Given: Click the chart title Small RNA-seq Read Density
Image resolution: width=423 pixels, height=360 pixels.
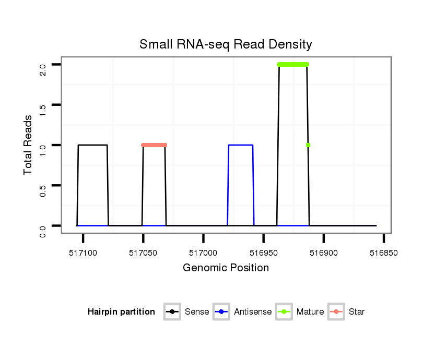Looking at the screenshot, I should (x=226, y=44).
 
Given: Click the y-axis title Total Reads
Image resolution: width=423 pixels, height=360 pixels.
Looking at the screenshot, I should (x=29, y=145).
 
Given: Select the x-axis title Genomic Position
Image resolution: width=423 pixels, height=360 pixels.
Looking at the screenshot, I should (x=226, y=268).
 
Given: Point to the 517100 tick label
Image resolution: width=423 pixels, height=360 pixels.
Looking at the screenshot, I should (x=83, y=253).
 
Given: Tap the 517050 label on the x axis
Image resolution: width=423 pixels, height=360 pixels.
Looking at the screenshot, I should (x=143, y=253).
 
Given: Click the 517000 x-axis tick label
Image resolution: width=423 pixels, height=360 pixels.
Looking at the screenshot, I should (x=203, y=253).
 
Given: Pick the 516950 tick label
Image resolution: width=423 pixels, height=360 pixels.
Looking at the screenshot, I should (x=263, y=253).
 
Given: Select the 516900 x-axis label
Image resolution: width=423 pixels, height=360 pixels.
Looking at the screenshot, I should (x=323, y=253).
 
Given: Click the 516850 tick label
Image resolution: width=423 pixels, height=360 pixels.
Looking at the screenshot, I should (x=384, y=253).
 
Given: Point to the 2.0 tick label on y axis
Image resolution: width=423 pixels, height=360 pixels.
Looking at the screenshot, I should (x=43, y=65).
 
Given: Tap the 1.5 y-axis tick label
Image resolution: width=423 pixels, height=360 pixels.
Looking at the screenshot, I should (x=43, y=105).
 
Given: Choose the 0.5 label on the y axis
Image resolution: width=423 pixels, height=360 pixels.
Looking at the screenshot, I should (x=43, y=185).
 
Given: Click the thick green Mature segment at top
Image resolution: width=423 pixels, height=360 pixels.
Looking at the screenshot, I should (x=293, y=64).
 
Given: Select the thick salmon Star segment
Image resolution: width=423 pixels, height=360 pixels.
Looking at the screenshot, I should (x=154, y=145).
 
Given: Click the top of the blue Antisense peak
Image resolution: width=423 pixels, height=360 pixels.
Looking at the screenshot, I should (x=241, y=145).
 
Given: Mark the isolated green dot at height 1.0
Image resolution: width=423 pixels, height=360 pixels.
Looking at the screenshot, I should (x=308, y=145).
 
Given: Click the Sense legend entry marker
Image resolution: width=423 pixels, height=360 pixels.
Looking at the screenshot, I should (x=172, y=312).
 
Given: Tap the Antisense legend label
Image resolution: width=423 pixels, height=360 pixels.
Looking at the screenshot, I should (x=253, y=312).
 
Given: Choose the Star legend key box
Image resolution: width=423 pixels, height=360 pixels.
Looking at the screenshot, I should (x=336, y=312).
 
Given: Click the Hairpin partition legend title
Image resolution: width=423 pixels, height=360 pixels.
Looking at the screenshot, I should (x=121, y=312).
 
